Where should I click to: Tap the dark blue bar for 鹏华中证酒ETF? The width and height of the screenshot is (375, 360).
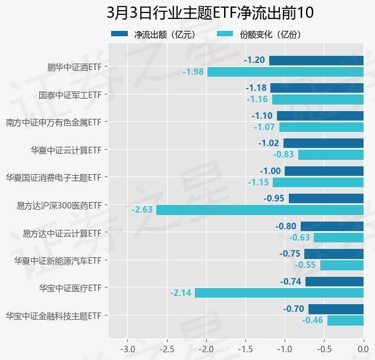click(x=316, y=60)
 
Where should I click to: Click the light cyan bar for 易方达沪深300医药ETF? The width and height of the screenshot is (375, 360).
click(x=260, y=210)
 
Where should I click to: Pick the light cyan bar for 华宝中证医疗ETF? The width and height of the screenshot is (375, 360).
click(x=279, y=293)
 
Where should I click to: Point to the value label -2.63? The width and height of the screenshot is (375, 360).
click(x=143, y=210)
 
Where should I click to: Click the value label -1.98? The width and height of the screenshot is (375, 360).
click(x=193, y=71)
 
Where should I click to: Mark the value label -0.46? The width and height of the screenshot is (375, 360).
click(x=313, y=320)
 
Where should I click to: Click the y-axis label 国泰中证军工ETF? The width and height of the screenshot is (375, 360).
click(x=70, y=94)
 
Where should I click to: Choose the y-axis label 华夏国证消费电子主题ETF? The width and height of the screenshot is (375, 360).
click(x=53, y=177)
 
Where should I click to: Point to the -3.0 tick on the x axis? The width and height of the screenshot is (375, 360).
click(x=127, y=347)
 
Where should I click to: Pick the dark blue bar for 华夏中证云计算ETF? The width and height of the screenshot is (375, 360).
click(x=323, y=143)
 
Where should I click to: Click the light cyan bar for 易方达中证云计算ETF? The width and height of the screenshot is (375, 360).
click(x=339, y=238)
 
